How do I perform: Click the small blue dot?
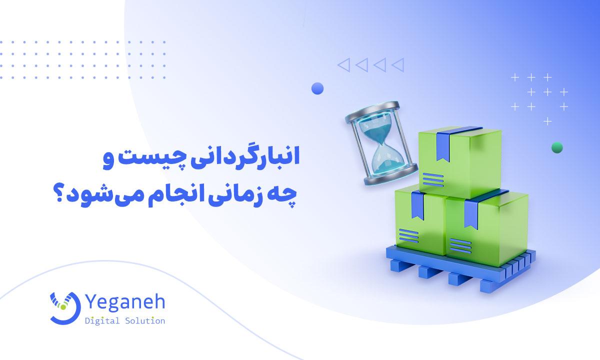[x=317, y=89]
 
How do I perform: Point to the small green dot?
[x=556, y=147]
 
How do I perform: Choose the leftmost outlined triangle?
[x=343, y=64]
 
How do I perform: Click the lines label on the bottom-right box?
[x=460, y=245]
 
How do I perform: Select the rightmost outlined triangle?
[x=397, y=64]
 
